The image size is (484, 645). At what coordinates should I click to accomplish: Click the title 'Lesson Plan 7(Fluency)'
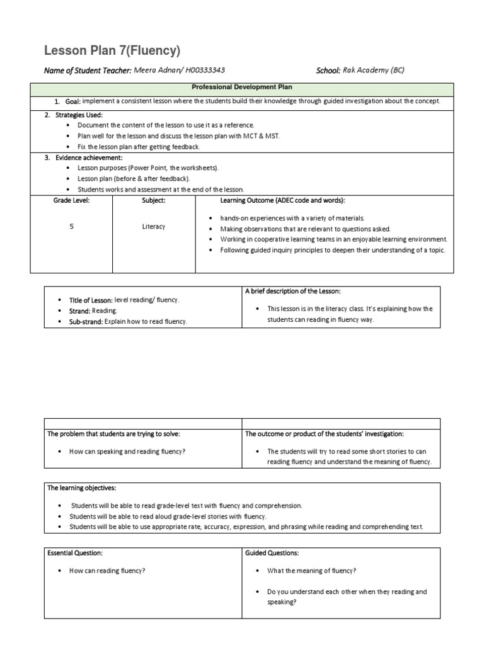[x=112, y=51]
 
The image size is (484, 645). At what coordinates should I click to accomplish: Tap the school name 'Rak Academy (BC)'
[x=374, y=71]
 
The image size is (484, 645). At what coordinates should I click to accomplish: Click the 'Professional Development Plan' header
[x=241, y=88]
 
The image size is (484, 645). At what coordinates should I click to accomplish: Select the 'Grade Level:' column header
[x=71, y=200]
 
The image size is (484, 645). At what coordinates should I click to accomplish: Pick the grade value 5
[x=71, y=226]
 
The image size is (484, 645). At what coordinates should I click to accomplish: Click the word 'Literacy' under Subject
[x=154, y=226]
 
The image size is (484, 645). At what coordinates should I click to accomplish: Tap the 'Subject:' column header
[x=154, y=200]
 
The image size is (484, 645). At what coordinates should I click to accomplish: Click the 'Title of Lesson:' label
[x=91, y=300]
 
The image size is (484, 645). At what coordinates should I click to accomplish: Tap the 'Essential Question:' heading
[x=75, y=553]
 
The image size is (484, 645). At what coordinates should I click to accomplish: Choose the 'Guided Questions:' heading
[x=272, y=553]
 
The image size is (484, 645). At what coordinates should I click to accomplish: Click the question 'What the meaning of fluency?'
[x=311, y=571]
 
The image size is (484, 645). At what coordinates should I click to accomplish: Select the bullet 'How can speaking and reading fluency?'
[x=127, y=452]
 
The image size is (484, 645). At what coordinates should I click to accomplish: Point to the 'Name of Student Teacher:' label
[x=88, y=71]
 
